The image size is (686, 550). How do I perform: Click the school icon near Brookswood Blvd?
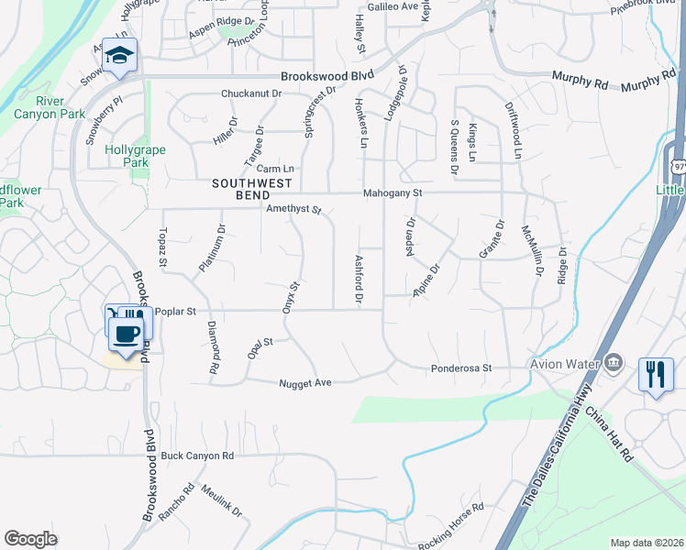tap(119, 55)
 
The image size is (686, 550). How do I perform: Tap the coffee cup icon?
tap(127, 333)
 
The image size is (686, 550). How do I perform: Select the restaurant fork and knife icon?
tap(655, 374)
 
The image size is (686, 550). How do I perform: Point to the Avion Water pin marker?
tap(614, 362)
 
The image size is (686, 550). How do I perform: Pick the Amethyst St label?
tap(293, 209)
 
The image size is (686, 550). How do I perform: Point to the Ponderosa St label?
tap(462, 368)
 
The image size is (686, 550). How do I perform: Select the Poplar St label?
tap(173, 312)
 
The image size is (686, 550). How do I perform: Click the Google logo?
tap(30, 539)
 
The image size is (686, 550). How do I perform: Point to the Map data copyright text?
tap(646, 543)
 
